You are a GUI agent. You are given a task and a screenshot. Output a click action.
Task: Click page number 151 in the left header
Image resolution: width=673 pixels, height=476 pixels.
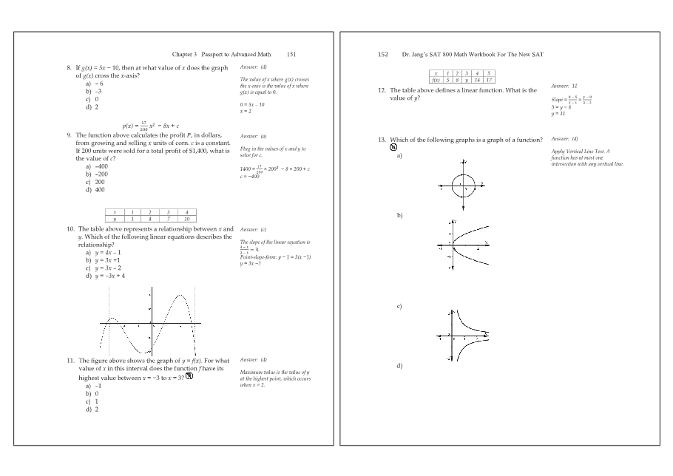[x=291, y=54]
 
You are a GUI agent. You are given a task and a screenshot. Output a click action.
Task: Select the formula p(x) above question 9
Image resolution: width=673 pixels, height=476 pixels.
[x=151, y=126]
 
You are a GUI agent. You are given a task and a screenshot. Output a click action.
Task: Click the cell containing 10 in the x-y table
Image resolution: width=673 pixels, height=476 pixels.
[x=187, y=219]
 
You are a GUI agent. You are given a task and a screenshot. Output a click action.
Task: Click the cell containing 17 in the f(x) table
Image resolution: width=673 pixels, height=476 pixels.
[x=489, y=79]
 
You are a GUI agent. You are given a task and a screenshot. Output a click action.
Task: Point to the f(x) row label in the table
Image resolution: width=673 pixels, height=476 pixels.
[x=437, y=79]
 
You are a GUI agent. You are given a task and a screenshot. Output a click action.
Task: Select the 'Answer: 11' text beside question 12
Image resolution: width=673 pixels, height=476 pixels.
[x=564, y=86]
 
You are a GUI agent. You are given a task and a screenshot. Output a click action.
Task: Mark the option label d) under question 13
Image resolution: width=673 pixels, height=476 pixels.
[x=399, y=366]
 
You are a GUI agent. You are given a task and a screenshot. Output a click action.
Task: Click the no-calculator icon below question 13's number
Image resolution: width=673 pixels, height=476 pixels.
[x=393, y=147]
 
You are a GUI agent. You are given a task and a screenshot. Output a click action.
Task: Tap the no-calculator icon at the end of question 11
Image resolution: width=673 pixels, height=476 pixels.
[x=189, y=376]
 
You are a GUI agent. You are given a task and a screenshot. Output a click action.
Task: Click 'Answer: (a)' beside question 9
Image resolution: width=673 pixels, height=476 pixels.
[x=254, y=136]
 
